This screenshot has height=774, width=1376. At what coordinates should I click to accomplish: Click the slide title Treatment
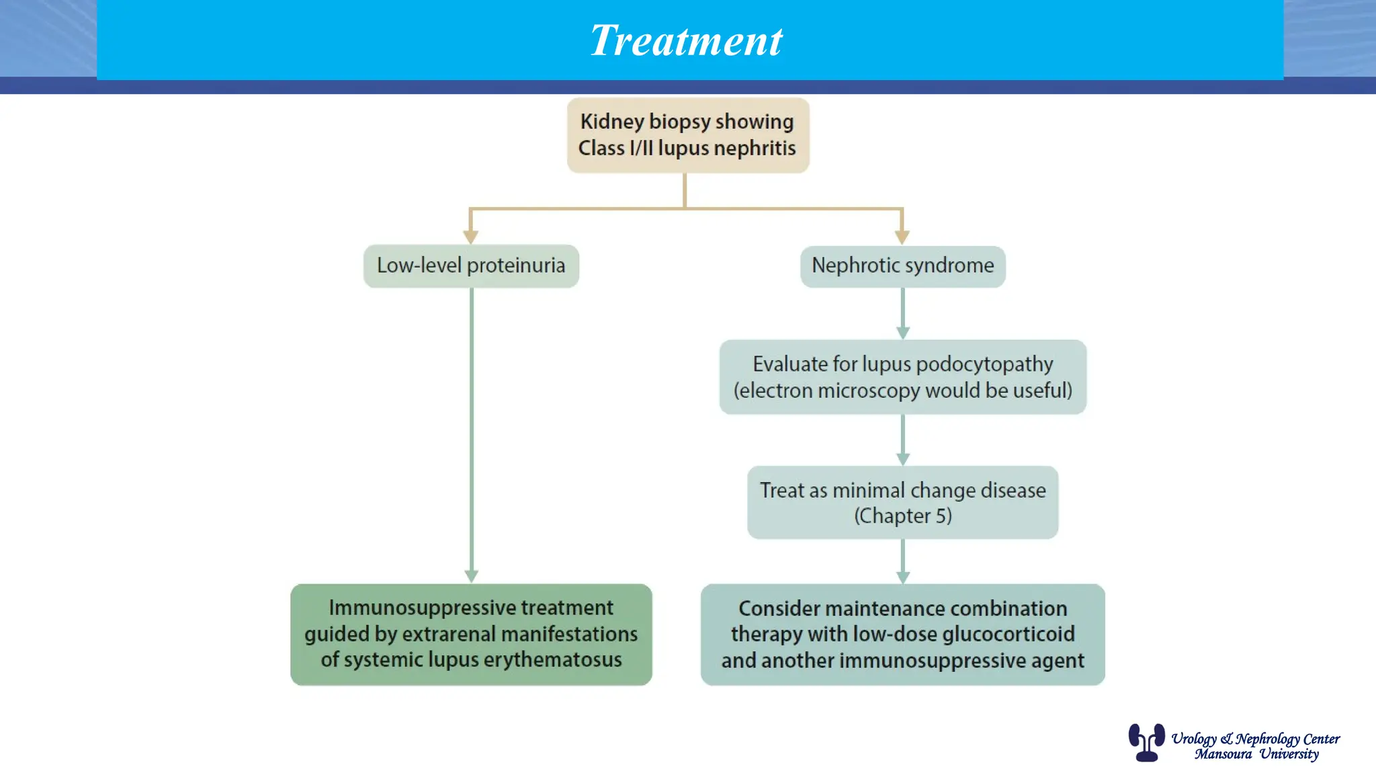686,40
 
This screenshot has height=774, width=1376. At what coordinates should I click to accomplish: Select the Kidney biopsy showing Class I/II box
687,135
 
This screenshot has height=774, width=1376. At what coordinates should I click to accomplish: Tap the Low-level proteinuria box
471,266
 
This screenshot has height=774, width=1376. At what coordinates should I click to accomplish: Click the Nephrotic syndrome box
902,266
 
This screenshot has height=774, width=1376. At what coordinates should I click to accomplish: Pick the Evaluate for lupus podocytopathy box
902,377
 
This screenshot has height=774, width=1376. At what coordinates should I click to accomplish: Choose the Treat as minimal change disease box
902,503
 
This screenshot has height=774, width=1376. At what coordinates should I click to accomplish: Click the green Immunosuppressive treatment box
471,634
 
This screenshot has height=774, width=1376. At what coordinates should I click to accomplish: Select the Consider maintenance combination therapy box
902,634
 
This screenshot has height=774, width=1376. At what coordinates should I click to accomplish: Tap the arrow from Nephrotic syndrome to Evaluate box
902,314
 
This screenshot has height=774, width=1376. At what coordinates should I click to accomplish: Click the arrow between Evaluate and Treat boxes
902,440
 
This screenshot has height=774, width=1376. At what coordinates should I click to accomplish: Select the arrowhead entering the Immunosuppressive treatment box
471,576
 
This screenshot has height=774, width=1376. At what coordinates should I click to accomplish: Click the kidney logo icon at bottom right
1146,742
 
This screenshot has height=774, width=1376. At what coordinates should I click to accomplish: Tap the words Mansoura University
1256,755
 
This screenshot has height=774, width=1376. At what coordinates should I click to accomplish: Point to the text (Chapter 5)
902,516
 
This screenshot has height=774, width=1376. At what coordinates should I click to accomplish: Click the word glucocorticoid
1008,634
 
